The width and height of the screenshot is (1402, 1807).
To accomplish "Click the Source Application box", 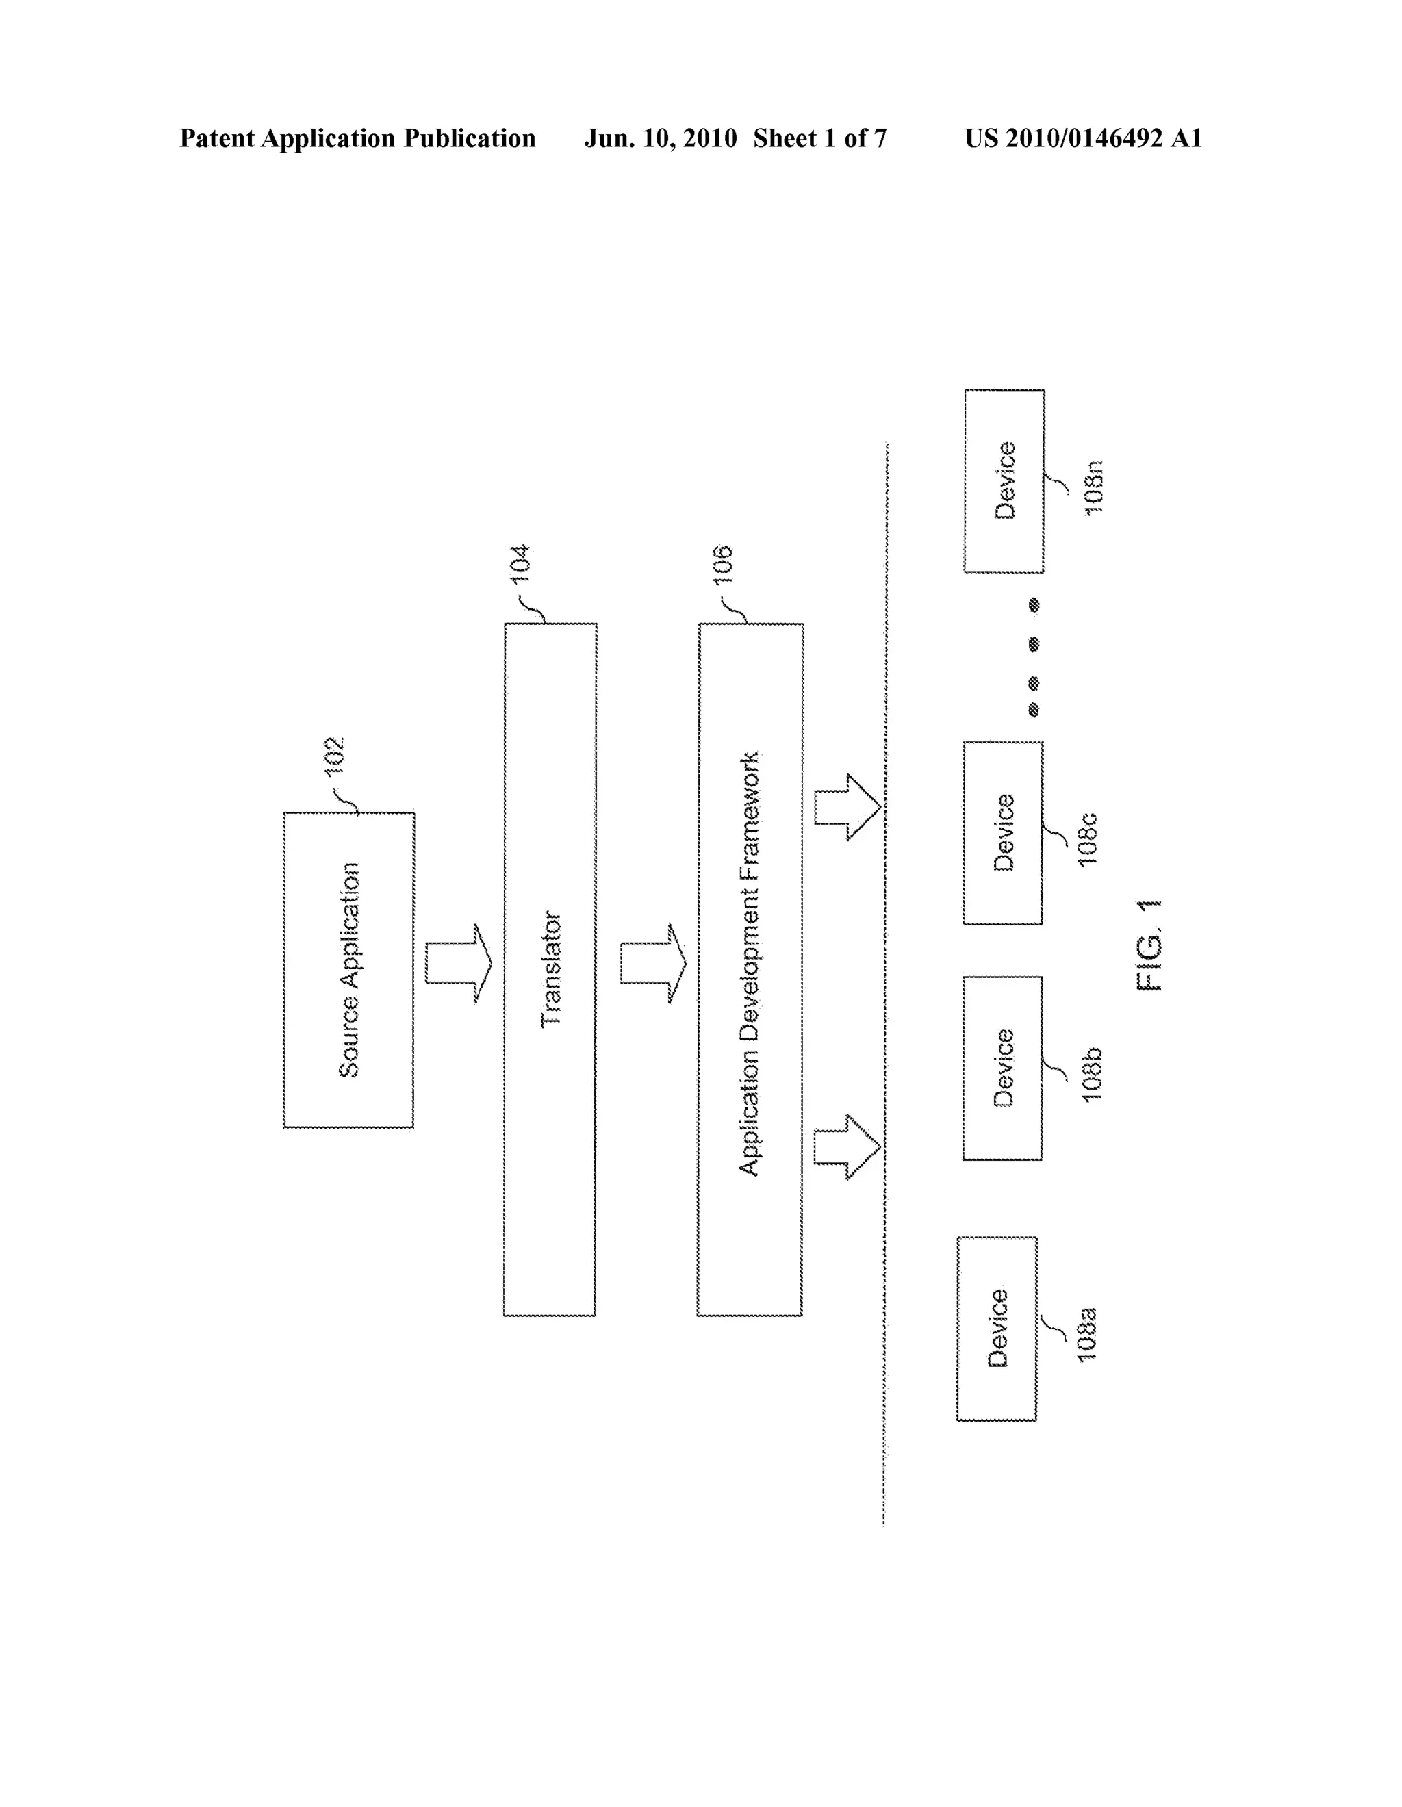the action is pyautogui.click(x=348, y=970).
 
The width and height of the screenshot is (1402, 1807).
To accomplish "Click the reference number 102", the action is pyautogui.click(x=334, y=756).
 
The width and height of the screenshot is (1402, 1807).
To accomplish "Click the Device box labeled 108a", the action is pyautogui.click(x=997, y=1328).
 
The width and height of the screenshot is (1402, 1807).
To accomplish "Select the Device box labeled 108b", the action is pyautogui.click(x=1002, y=1068).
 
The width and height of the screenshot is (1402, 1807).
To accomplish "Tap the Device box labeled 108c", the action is pyautogui.click(x=1003, y=832).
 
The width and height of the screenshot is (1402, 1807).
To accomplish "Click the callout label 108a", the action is pyautogui.click(x=1086, y=1334).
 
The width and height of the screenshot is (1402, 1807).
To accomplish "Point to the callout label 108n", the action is pyautogui.click(x=1093, y=488).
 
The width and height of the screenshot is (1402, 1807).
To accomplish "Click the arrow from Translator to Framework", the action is pyautogui.click(x=653, y=963).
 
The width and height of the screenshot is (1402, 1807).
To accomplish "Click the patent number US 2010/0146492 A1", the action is pyautogui.click(x=1082, y=138).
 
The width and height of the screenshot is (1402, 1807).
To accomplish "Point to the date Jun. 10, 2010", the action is pyautogui.click(x=661, y=138).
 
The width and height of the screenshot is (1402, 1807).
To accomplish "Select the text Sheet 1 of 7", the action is pyautogui.click(x=819, y=138).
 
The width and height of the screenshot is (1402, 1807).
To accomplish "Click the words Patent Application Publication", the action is pyautogui.click(x=357, y=138).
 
